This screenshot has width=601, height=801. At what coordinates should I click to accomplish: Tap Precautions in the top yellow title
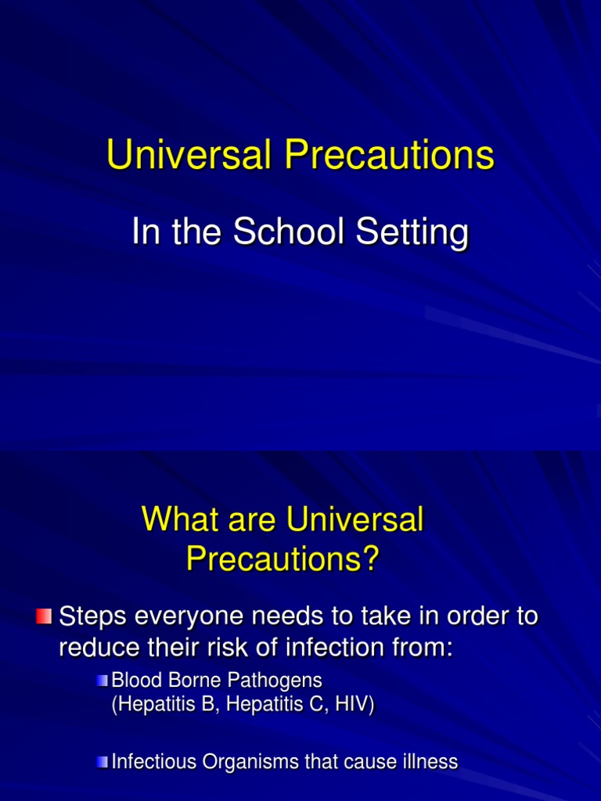pos(389,156)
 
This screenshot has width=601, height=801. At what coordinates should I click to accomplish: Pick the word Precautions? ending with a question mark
pos(283,559)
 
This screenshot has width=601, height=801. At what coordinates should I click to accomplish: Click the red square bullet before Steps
pos(44,617)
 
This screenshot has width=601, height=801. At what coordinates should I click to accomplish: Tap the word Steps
pos(93,616)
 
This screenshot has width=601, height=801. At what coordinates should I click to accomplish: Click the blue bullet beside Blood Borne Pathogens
pos(103,681)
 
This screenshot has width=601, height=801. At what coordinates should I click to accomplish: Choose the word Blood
pos(138,681)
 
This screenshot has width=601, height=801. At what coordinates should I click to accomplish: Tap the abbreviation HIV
pos(352,705)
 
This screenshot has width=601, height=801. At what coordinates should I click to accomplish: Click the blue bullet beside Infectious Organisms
pos(103,762)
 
